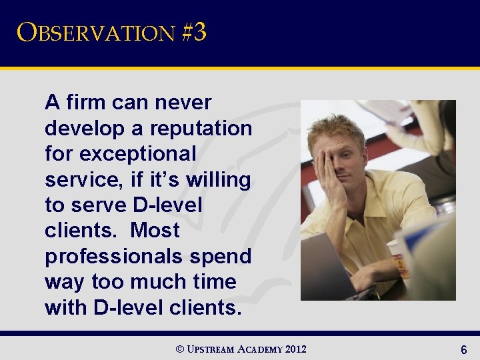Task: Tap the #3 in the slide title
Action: pos(193,32)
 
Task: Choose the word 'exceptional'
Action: pos(138,154)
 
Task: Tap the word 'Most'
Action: pos(155,231)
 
